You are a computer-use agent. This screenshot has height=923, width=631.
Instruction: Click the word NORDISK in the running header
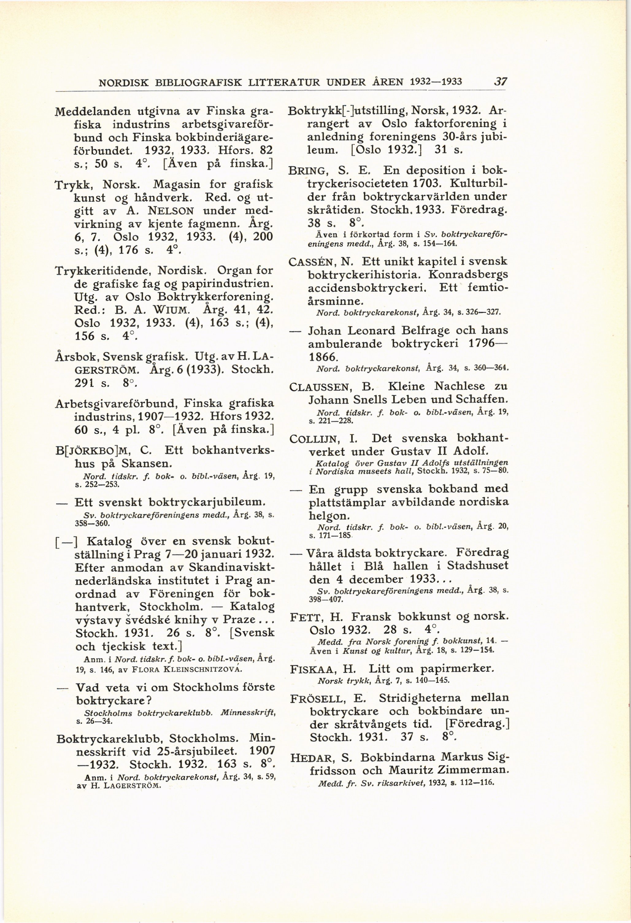point(123,83)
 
